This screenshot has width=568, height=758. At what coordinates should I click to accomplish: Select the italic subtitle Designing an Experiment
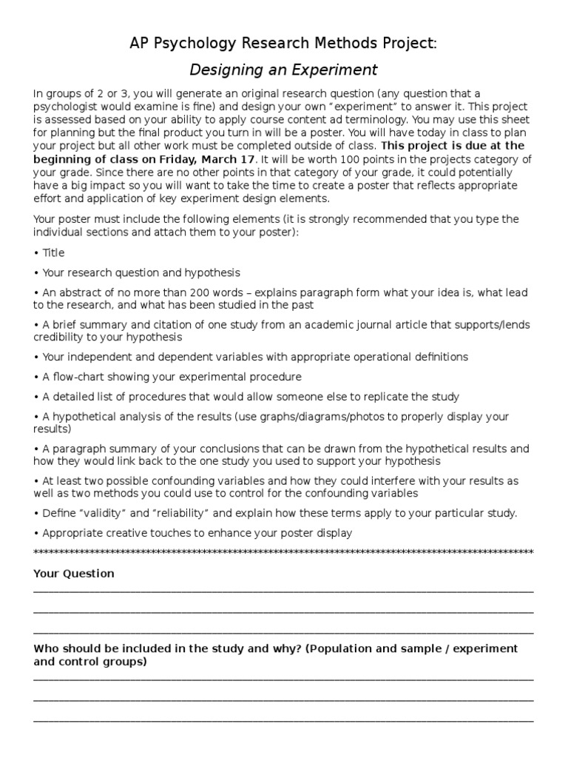284,70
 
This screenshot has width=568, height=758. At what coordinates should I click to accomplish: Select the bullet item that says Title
53,252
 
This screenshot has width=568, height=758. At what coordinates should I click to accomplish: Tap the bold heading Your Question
74,574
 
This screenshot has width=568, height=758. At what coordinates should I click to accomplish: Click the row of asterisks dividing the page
284,553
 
